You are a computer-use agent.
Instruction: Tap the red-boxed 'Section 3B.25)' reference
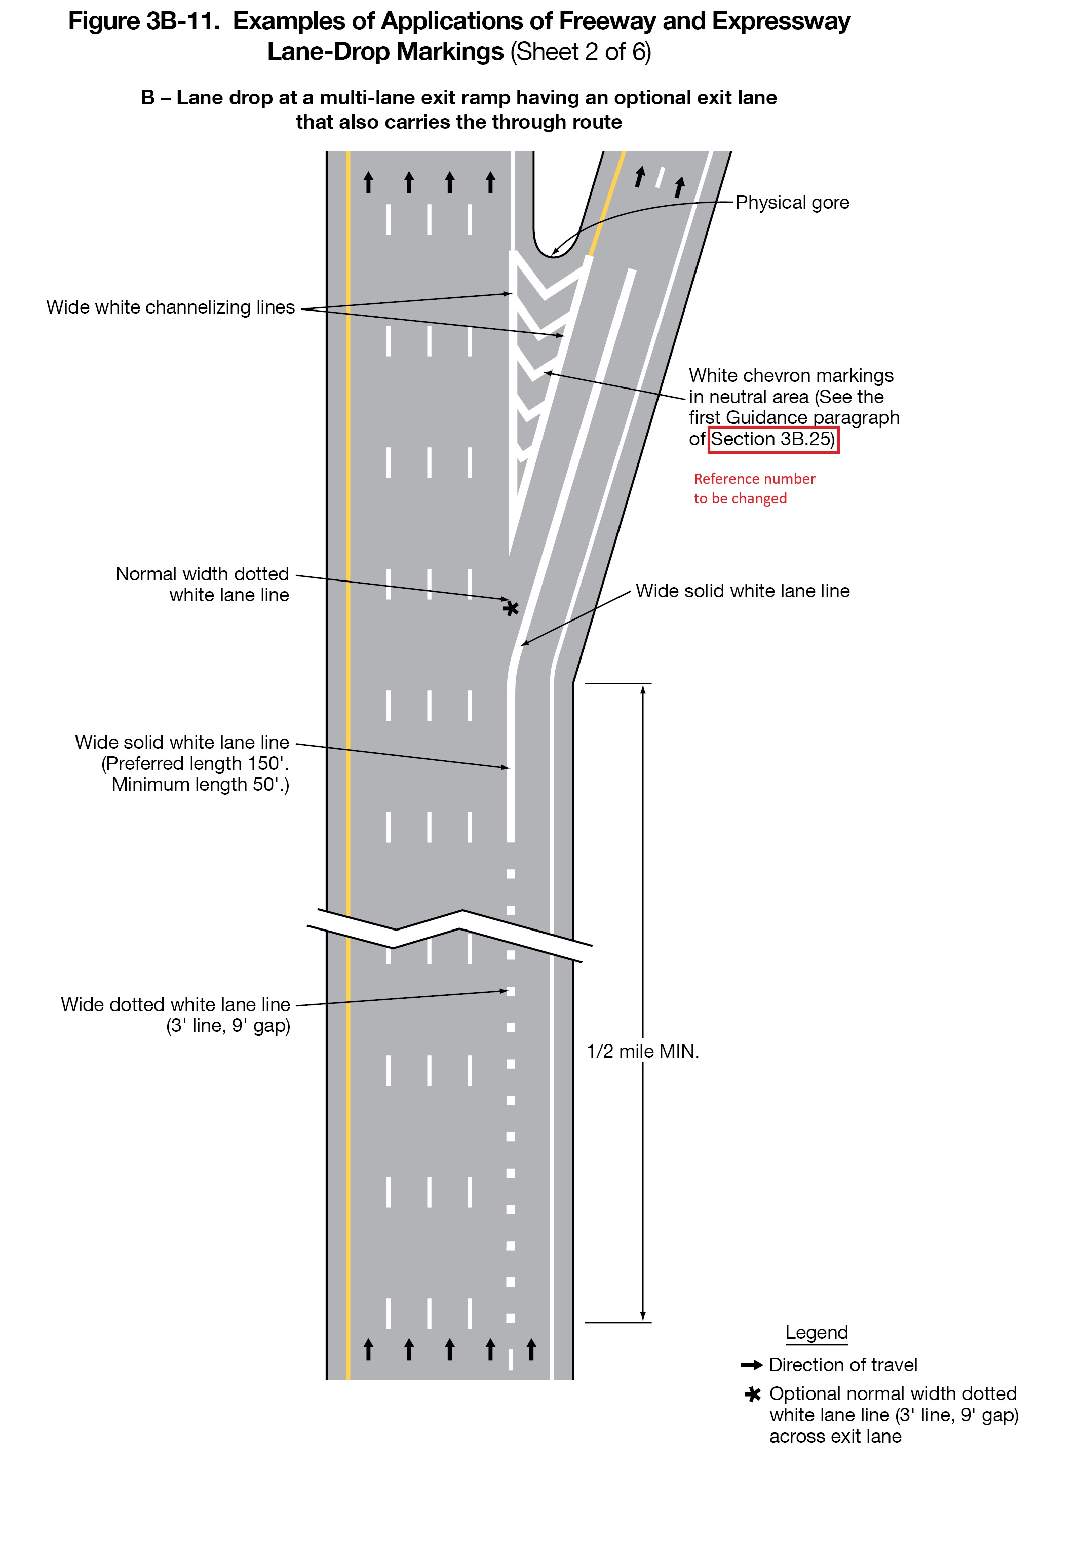(x=772, y=440)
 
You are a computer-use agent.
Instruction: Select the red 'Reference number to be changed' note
(x=754, y=489)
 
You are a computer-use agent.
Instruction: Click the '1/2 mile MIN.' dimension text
(x=642, y=1051)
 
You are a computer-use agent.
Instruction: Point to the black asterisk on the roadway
(x=511, y=608)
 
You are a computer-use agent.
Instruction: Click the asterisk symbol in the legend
(x=752, y=1394)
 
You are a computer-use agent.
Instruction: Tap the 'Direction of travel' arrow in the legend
(x=752, y=1365)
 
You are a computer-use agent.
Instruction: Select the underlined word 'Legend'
(x=816, y=1333)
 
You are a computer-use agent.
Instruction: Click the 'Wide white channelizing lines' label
(x=170, y=308)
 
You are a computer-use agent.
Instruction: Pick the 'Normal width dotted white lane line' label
(x=202, y=585)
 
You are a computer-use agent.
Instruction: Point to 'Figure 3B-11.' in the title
(x=144, y=22)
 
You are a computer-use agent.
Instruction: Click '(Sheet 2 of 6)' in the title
(x=580, y=52)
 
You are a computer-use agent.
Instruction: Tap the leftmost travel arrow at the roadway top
(x=368, y=182)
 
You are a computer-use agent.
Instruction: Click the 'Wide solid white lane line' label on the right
(x=742, y=591)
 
